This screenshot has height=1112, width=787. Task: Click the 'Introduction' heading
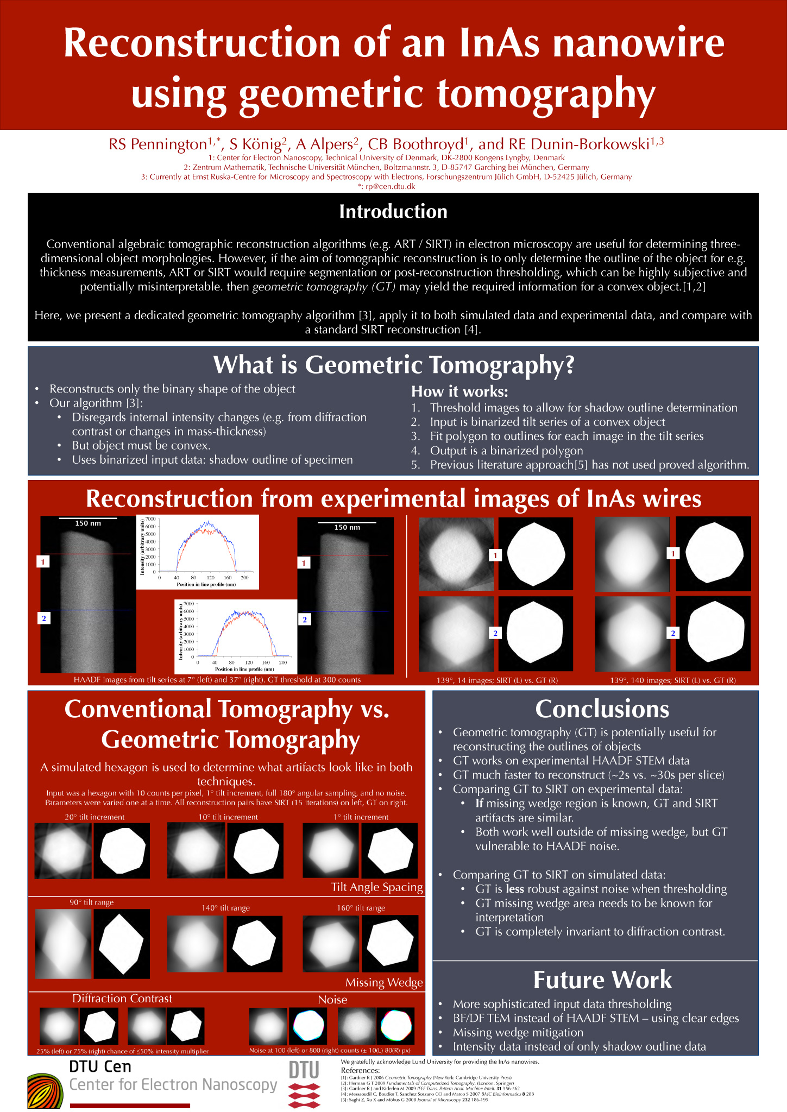pos(393,212)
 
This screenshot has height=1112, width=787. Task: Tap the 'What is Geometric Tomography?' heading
pos(393,365)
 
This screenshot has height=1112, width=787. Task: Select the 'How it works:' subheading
pos(459,391)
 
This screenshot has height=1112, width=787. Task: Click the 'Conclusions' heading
pos(602,709)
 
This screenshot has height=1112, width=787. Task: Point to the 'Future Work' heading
pos(602,980)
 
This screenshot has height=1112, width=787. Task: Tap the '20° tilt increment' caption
pos(95,817)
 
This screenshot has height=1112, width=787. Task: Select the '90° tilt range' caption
pos(91,902)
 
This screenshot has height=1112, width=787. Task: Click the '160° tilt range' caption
pos(361,908)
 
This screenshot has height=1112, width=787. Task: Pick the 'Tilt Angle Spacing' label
pos(377,887)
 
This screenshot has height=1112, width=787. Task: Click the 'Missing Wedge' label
pos(384,982)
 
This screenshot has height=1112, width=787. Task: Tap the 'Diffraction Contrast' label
pos(122,999)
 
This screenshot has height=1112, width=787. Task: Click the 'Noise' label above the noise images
pos(332,1000)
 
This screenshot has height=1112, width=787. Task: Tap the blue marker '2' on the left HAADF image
pos(43,618)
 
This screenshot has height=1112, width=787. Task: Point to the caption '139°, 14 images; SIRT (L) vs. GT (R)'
pos(497,680)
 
